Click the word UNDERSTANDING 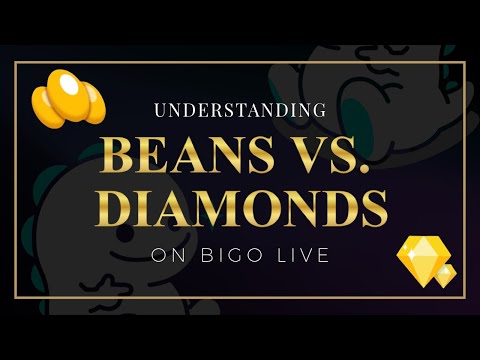240,109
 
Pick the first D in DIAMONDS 123,207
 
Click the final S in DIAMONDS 373,207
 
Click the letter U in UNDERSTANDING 159,109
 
